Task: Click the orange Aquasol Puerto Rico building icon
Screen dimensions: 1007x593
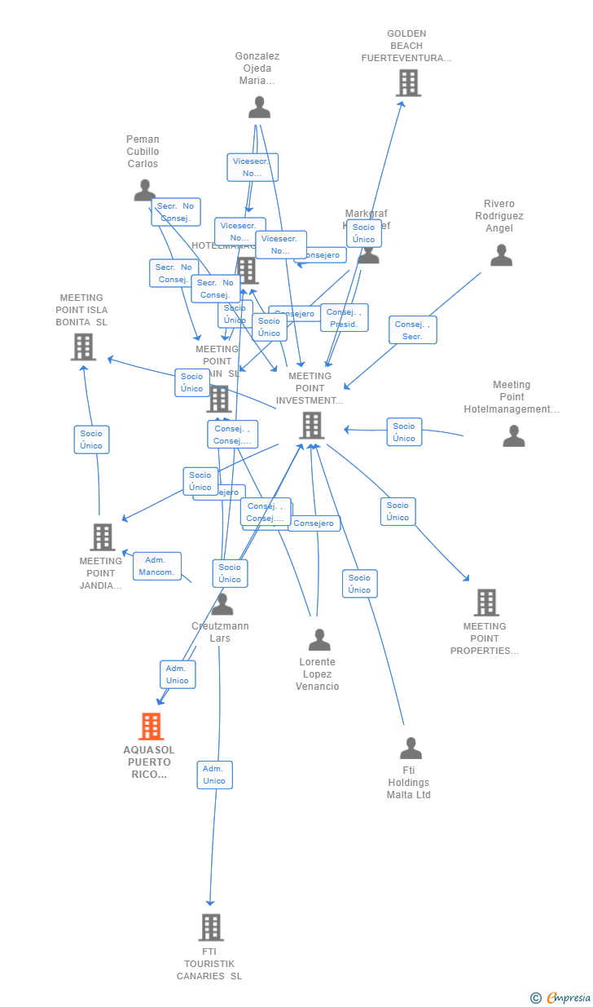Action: click(152, 726)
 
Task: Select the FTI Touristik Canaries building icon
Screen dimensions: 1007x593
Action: click(211, 927)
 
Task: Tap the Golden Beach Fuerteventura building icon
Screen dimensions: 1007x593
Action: click(408, 82)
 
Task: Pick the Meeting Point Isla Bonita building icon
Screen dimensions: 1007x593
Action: click(83, 347)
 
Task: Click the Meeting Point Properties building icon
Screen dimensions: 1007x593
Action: click(486, 603)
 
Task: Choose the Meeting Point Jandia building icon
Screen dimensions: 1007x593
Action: click(103, 537)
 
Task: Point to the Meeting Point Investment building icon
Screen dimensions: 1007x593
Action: click(311, 425)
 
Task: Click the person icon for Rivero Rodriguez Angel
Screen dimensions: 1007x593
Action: click(501, 256)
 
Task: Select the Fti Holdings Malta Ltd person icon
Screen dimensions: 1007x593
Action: click(411, 748)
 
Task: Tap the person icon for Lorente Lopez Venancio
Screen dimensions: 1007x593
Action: click(319, 640)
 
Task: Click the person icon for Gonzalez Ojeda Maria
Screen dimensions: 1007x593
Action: click(259, 108)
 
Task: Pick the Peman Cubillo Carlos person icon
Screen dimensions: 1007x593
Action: click(144, 190)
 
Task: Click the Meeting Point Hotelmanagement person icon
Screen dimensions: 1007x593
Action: click(513, 436)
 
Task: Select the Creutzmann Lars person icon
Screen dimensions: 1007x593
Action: click(222, 605)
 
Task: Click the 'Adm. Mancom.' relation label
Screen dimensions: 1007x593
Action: click(157, 566)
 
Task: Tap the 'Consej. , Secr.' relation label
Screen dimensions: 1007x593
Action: click(412, 330)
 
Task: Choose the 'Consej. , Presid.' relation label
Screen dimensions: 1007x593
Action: click(344, 318)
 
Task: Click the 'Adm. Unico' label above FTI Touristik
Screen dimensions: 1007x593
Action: click(214, 775)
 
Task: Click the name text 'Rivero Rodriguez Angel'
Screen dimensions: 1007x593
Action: click(499, 216)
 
